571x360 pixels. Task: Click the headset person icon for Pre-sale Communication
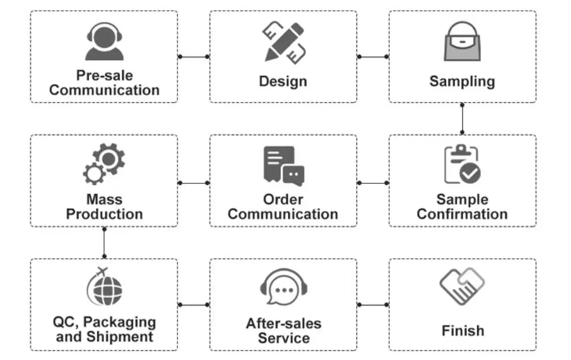coord(105,41)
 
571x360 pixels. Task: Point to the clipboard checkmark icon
coord(462,165)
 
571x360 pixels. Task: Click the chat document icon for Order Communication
coord(283,166)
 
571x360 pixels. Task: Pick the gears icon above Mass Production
coord(104,164)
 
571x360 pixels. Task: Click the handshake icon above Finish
coord(462,286)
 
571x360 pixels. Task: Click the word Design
coord(283,82)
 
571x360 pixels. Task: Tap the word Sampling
coord(462,82)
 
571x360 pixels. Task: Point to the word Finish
coord(463,331)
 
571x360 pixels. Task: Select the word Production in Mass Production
coord(105,215)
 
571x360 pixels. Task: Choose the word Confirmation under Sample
coord(462,215)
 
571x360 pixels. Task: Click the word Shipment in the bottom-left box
coord(121,337)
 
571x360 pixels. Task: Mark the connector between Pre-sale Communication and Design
coord(194,57)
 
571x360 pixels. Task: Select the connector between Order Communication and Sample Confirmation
coord(373,183)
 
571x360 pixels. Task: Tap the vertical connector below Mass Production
coord(104,243)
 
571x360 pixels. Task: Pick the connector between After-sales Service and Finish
coord(373,305)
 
